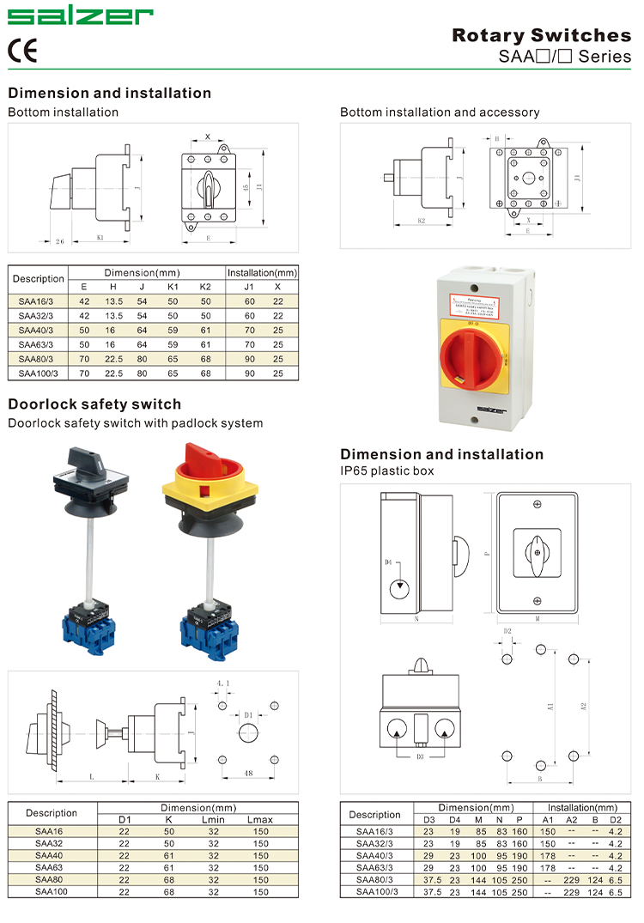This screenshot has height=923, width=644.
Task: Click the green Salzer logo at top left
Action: point(80,16)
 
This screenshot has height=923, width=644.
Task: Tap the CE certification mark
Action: point(22,51)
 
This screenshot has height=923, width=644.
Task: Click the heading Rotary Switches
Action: point(541,35)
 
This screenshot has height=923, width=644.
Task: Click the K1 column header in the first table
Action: point(173,286)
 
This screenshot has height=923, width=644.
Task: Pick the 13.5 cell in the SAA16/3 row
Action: point(113,301)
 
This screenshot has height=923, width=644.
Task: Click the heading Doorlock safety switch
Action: point(94,404)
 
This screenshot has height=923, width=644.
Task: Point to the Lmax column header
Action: point(259,820)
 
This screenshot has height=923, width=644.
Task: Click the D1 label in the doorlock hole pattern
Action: point(247,714)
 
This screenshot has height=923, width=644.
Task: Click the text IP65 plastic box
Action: point(387,471)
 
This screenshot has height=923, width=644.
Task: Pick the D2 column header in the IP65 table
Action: point(615,820)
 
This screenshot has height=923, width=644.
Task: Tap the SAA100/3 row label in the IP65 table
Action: point(376,892)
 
